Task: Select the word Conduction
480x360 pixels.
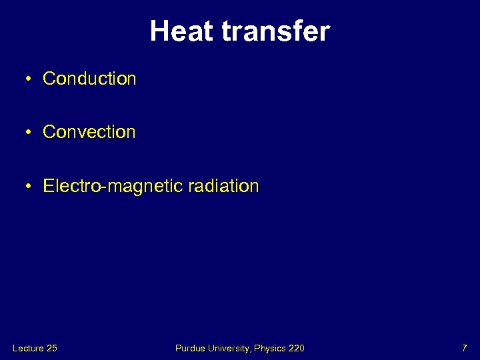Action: point(89,79)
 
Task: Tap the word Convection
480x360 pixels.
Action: point(89,132)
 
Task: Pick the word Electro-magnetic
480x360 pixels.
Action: point(111,186)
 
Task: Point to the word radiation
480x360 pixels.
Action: point(221,186)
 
